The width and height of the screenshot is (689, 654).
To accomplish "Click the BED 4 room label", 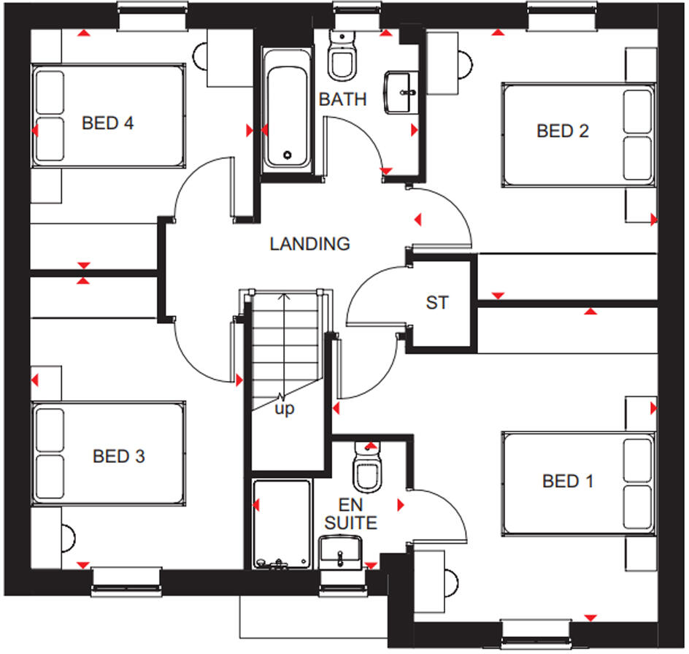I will click(107, 123).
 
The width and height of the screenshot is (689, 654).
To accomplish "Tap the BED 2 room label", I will click(562, 131).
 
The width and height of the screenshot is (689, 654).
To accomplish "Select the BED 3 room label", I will click(118, 457).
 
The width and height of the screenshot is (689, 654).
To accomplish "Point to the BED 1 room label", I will click(568, 481).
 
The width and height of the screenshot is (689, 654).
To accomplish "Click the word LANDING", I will click(309, 244).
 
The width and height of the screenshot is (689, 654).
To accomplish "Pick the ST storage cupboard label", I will click(437, 302).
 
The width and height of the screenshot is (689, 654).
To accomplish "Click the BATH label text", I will click(342, 100).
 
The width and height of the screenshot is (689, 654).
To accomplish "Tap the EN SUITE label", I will click(351, 514).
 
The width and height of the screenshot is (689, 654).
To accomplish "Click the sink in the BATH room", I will click(401, 91).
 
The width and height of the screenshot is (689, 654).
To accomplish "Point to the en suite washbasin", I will click(340, 551).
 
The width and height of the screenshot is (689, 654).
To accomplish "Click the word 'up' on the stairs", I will click(285, 409).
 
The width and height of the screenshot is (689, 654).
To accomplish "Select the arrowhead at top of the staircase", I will click(285, 296).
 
